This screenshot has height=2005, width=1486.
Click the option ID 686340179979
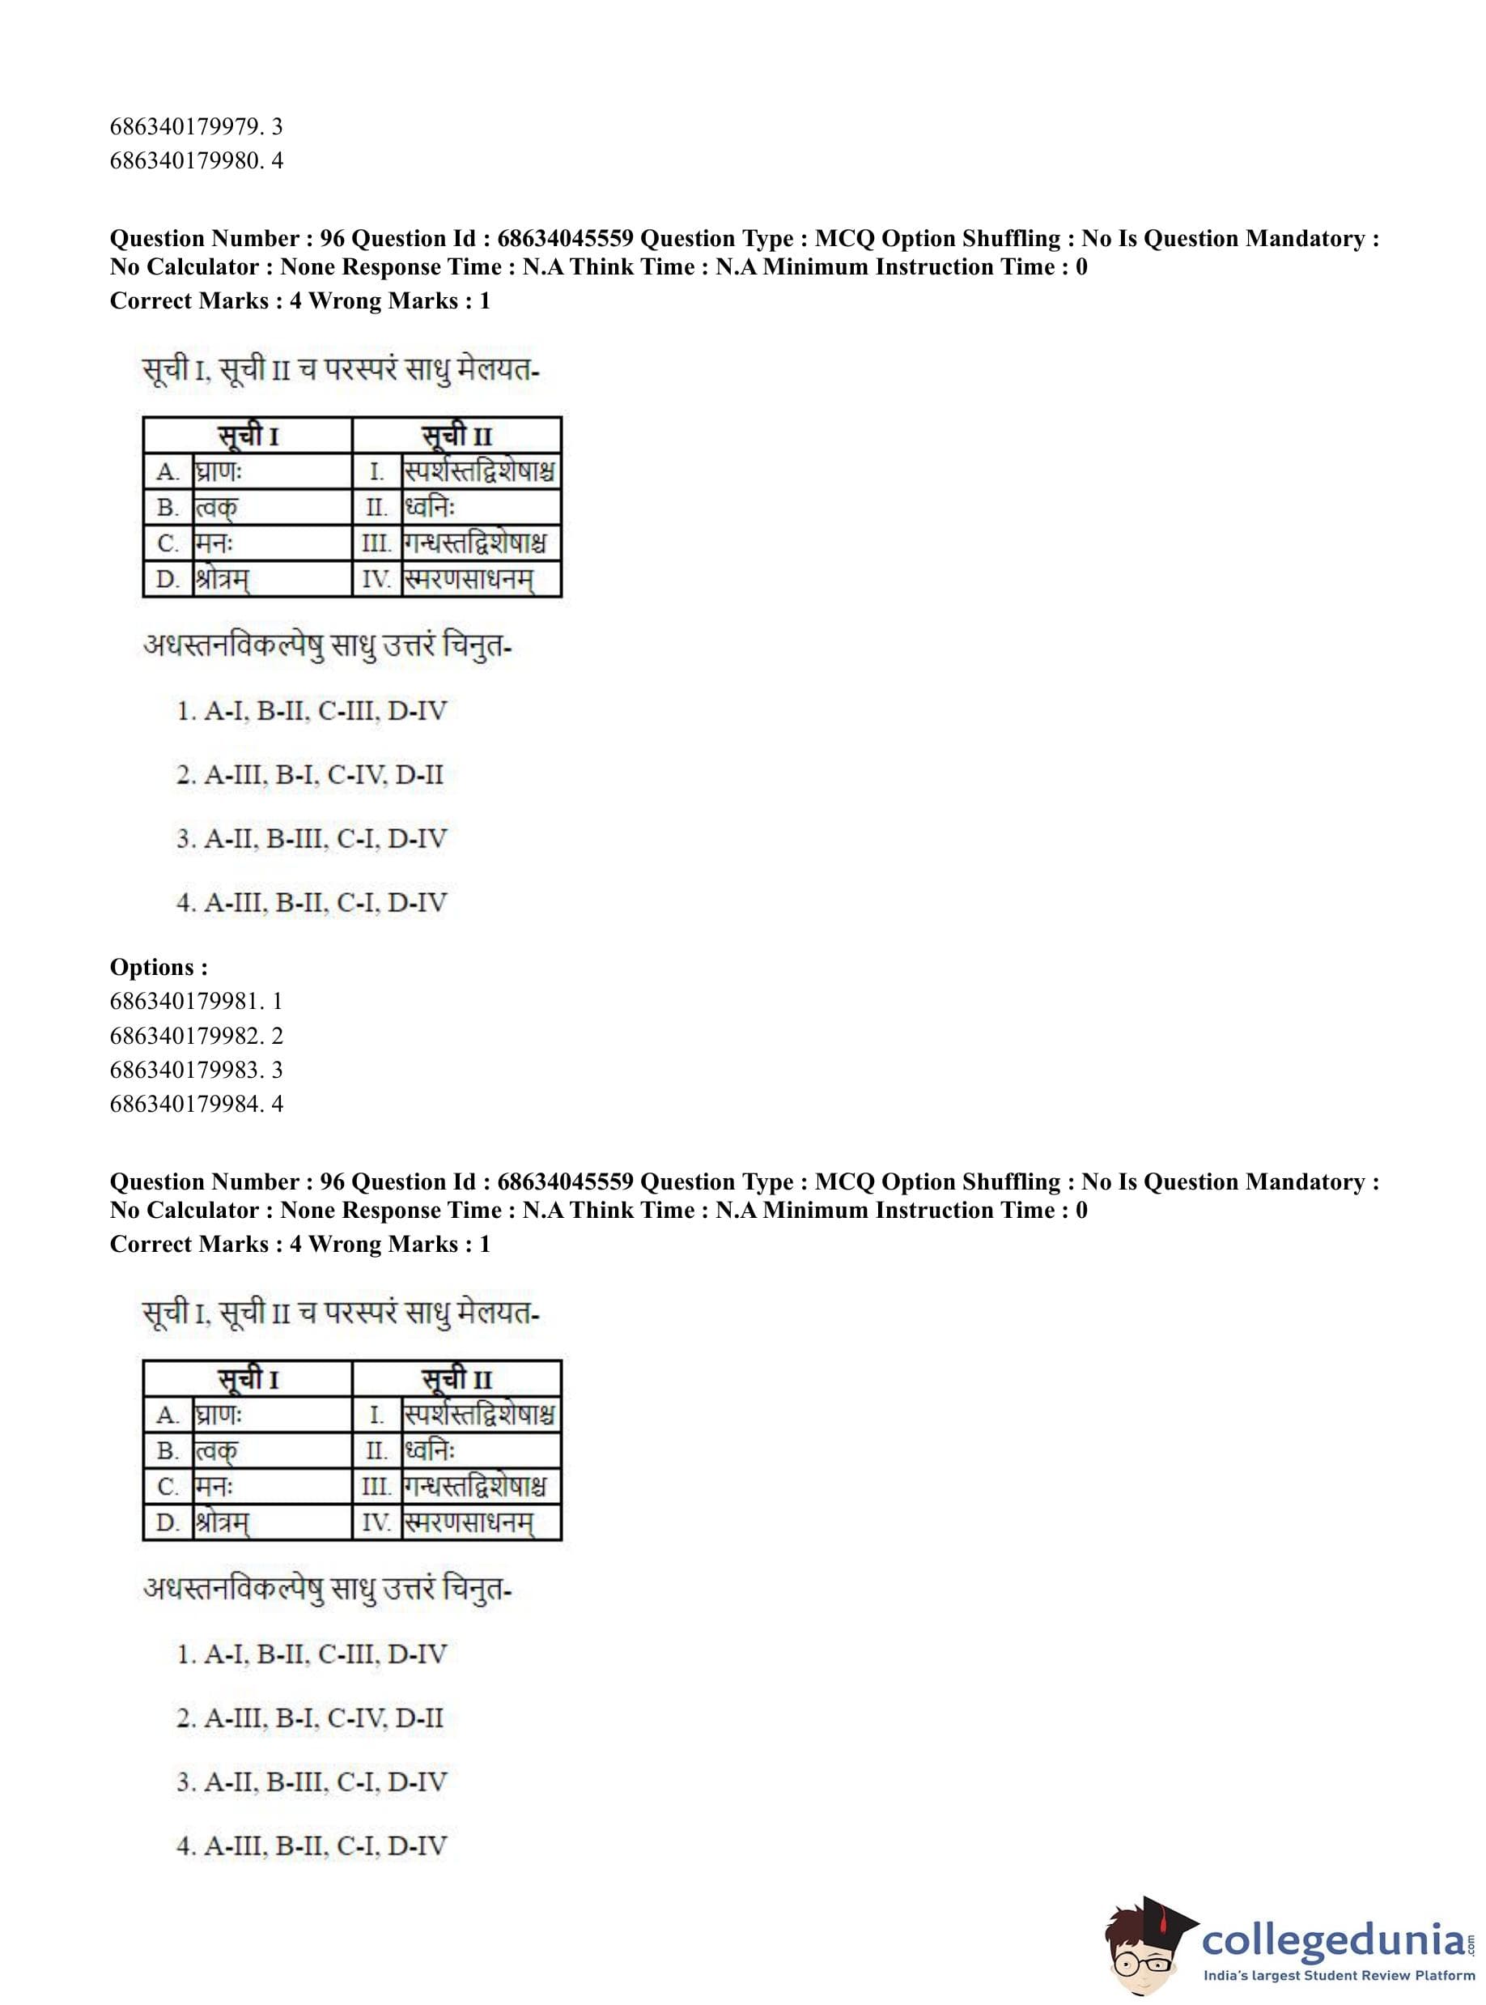(x=196, y=126)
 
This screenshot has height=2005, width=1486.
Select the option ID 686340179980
(x=196, y=160)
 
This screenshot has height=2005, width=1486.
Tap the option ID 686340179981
(x=196, y=1001)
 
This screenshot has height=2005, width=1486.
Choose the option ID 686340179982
(x=196, y=1035)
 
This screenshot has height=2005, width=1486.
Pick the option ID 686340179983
(x=196, y=1069)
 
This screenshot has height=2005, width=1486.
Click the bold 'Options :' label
(x=159, y=967)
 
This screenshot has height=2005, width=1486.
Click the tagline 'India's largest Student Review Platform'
(x=1339, y=1976)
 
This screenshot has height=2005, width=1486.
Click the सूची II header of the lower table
(x=457, y=1379)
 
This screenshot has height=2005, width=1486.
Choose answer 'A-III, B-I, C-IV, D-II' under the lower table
(x=310, y=1718)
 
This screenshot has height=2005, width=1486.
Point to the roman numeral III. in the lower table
(x=377, y=1487)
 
